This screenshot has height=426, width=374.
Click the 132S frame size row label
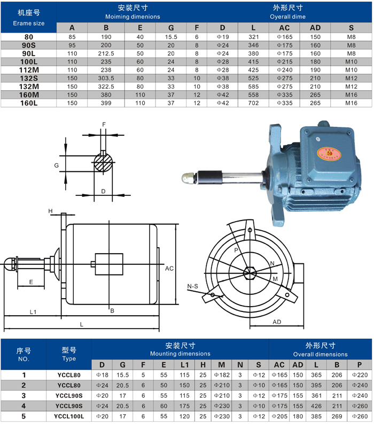pyautogui.click(x=29, y=78)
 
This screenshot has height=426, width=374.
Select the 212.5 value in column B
pyautogui.click(x=106, y=54)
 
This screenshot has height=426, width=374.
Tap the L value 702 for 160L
pyautogui.click(x=253, y=103)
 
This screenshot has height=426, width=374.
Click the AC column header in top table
pyautogui.click(x=284, y=28)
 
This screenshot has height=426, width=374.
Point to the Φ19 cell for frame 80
pyautogui.click(x=223, y=37)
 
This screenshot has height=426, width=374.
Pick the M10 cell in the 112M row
pyautogui.click(x=351, y=70)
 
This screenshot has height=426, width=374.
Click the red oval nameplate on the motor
pyautogui.click(x=329, y=154)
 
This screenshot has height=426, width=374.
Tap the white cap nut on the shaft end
pyautogui.click(x=189, y=178)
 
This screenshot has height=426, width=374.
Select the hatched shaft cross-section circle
pyautogui.click(x=103, y=163)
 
